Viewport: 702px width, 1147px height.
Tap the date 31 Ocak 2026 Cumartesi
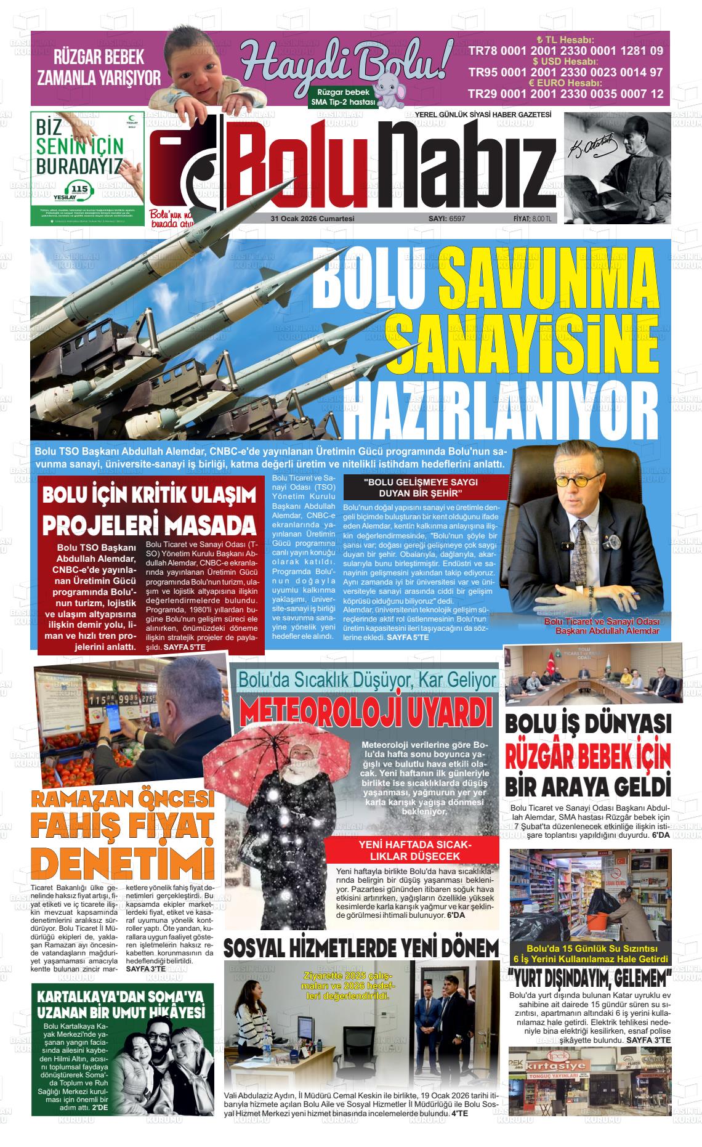[312, 219]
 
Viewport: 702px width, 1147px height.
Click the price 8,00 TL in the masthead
[541, 219]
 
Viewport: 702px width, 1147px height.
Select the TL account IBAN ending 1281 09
[566, 51]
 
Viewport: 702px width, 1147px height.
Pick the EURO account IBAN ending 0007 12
[566, 94]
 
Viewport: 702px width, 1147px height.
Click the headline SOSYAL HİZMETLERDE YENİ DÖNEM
[361, 948]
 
